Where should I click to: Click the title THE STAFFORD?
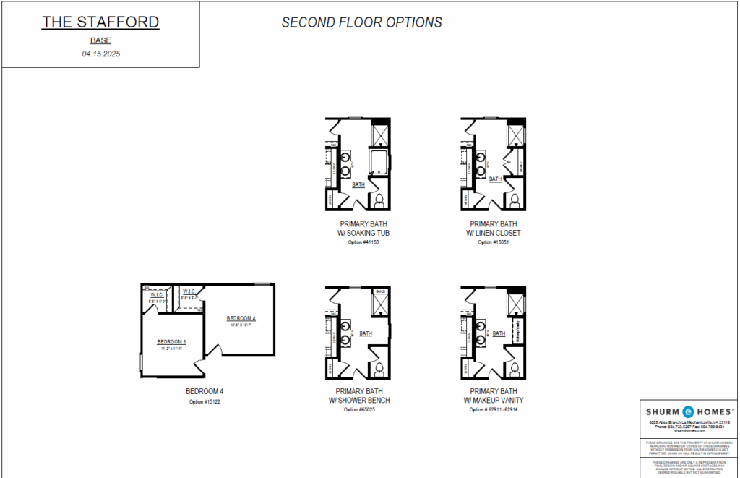[100, 22]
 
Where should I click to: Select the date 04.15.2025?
[100, 54]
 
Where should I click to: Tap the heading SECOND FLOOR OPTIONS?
[361, 22]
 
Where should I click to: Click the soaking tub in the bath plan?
[378, 161]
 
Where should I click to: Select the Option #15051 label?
[494, 242]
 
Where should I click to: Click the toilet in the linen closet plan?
[515, 200]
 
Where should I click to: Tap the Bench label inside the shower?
[379, 291]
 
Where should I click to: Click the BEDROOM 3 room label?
[172, 341]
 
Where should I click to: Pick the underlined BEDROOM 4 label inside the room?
[241, 318]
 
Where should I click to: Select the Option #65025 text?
[359, 409]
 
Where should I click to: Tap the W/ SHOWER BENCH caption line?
[359, 400]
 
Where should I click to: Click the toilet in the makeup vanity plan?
[515, 369]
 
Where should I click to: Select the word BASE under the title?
[100, 40]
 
